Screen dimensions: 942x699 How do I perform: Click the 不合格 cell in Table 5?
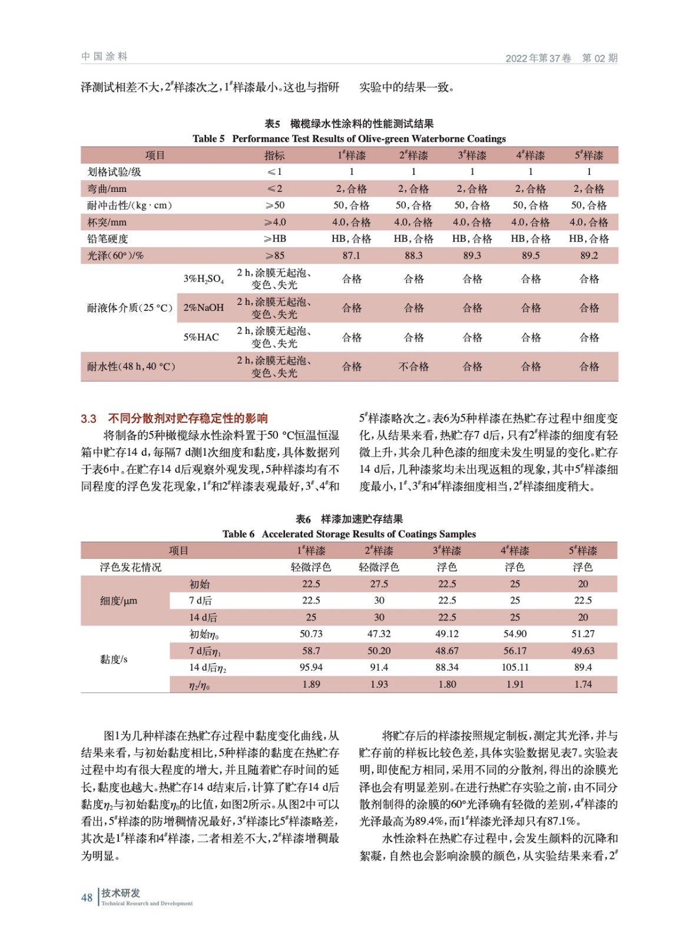click(413, 367)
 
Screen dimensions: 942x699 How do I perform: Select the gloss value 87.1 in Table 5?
click(351, 256)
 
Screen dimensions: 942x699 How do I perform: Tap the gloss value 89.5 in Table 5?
click(530, 256)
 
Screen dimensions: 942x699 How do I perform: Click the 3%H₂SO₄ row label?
click(203, 279)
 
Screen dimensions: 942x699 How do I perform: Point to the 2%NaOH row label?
click(203, 308)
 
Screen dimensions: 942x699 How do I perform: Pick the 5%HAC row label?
click(201, 337)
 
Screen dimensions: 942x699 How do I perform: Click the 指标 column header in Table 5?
click(274, 155)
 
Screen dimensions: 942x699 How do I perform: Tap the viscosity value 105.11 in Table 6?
click(515, 668)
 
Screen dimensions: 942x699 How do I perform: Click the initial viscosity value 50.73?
click(311, 634)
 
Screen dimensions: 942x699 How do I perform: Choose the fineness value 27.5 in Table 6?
click(379, 584)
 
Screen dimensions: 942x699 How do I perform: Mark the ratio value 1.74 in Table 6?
click(582, 684)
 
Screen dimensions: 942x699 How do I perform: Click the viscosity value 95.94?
click(311, 668)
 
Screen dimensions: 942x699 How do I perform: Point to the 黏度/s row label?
click(114, 659)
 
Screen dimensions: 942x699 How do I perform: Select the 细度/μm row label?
click(118, 601)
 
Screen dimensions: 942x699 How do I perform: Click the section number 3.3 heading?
click(88, 419)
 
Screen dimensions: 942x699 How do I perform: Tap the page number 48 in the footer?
click(87, 898)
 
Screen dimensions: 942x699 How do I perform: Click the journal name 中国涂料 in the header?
click(104, 57)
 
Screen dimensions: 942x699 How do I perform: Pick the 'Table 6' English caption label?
click(238, 534)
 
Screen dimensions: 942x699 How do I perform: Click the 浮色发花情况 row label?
click(130, 568)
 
